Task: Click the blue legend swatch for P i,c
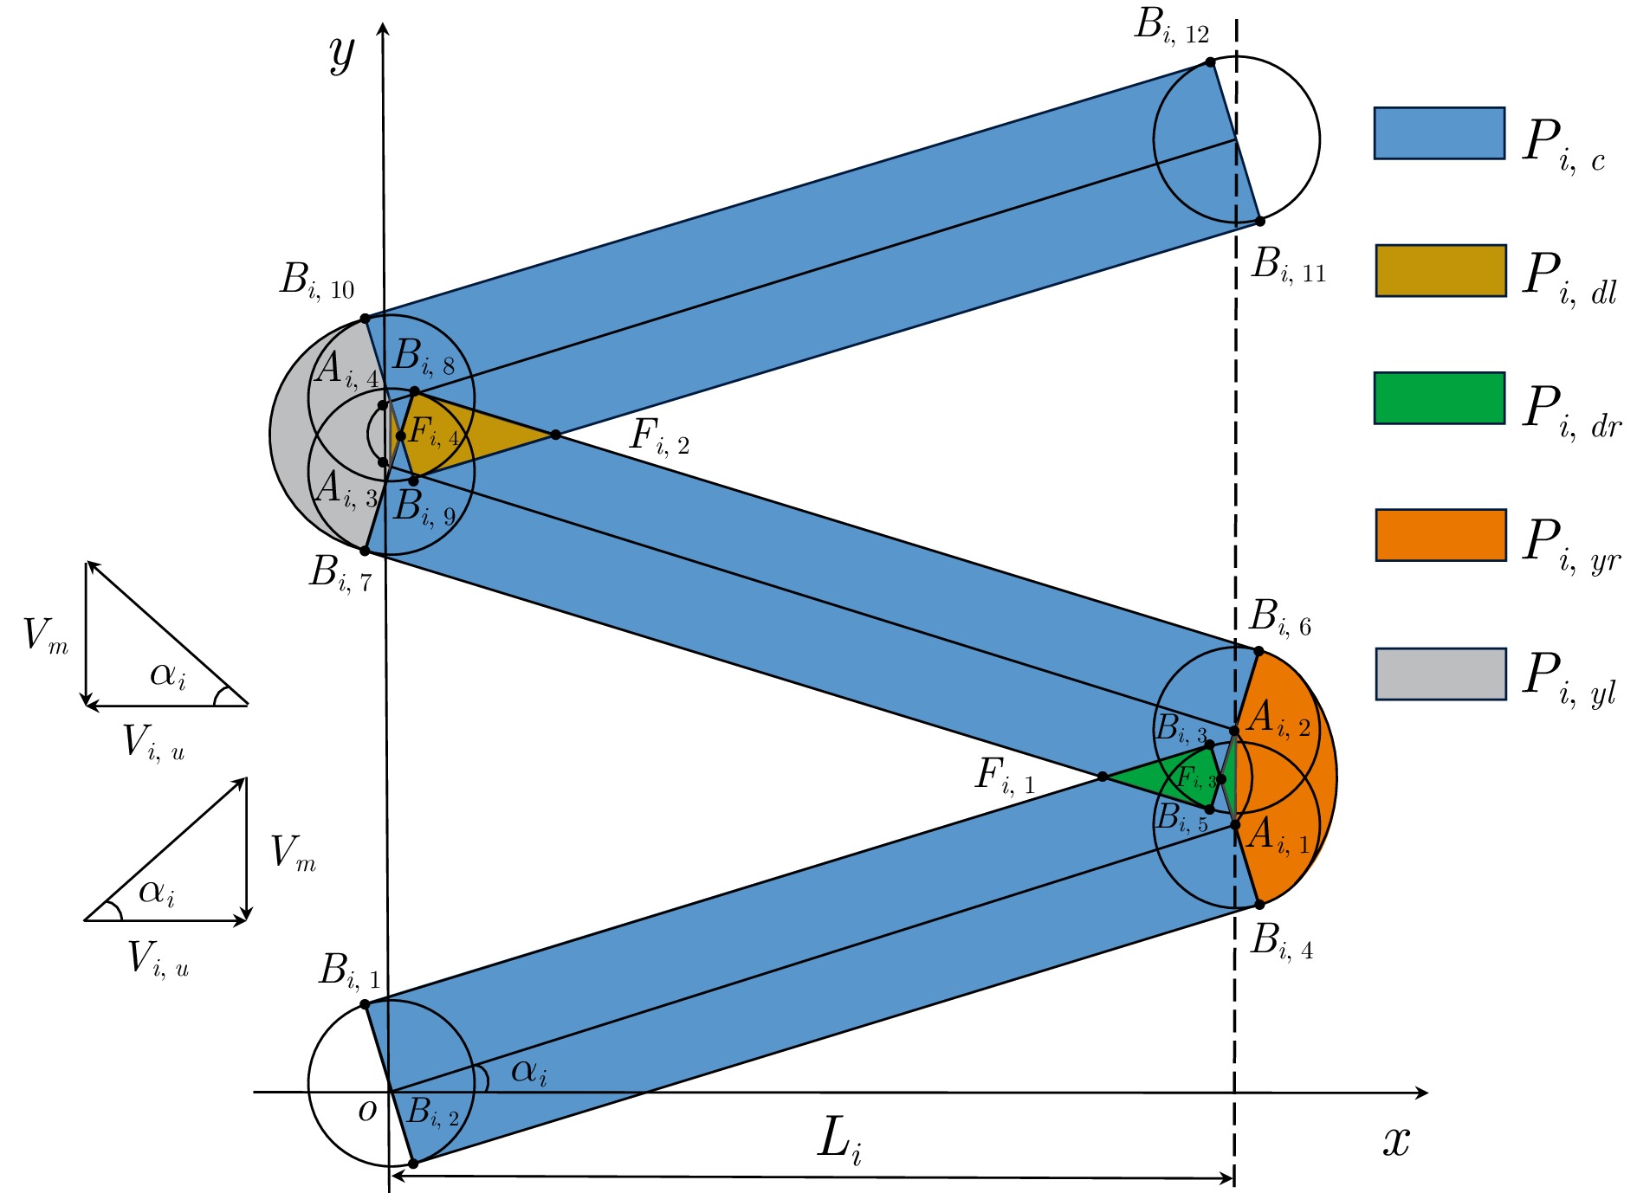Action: point(1439,133)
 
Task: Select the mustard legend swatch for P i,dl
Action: point(1440,271)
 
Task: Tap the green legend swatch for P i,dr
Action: point(1439,398)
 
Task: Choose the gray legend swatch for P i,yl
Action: point(1440,674)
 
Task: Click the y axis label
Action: point(342,54)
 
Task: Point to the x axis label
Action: point(1396,1141)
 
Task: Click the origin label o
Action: point(367,1110)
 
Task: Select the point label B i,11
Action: point(1288,265)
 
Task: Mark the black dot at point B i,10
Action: point(365,319)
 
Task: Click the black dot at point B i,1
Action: point(365,1004)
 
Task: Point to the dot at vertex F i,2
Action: point(555,435)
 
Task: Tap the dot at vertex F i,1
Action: point(1103,777)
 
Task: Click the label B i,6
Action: point(1279,618)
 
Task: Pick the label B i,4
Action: point(1281,942)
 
